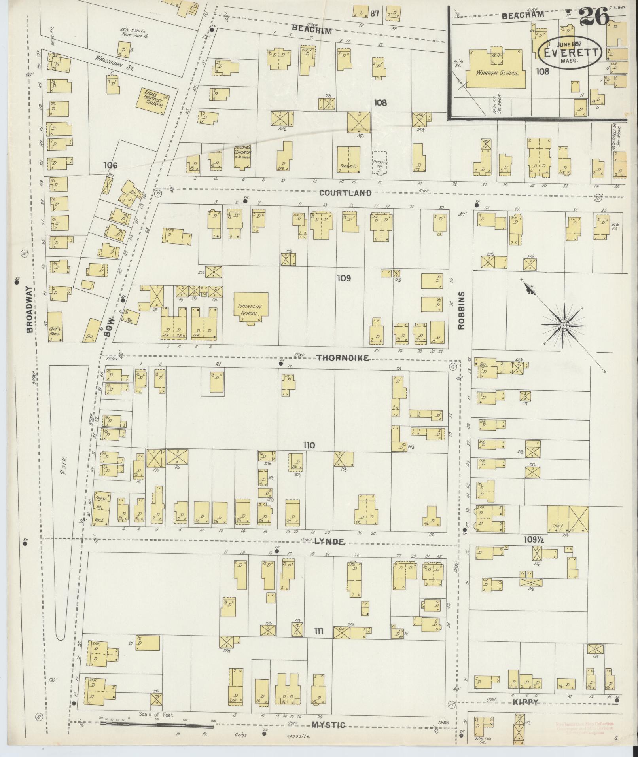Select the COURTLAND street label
[x=345, y=193]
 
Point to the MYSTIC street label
[x=328, y=725]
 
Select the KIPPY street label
[x=527, y=702]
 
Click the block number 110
[x=309, y=446]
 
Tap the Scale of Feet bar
[x=158, y=723]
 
